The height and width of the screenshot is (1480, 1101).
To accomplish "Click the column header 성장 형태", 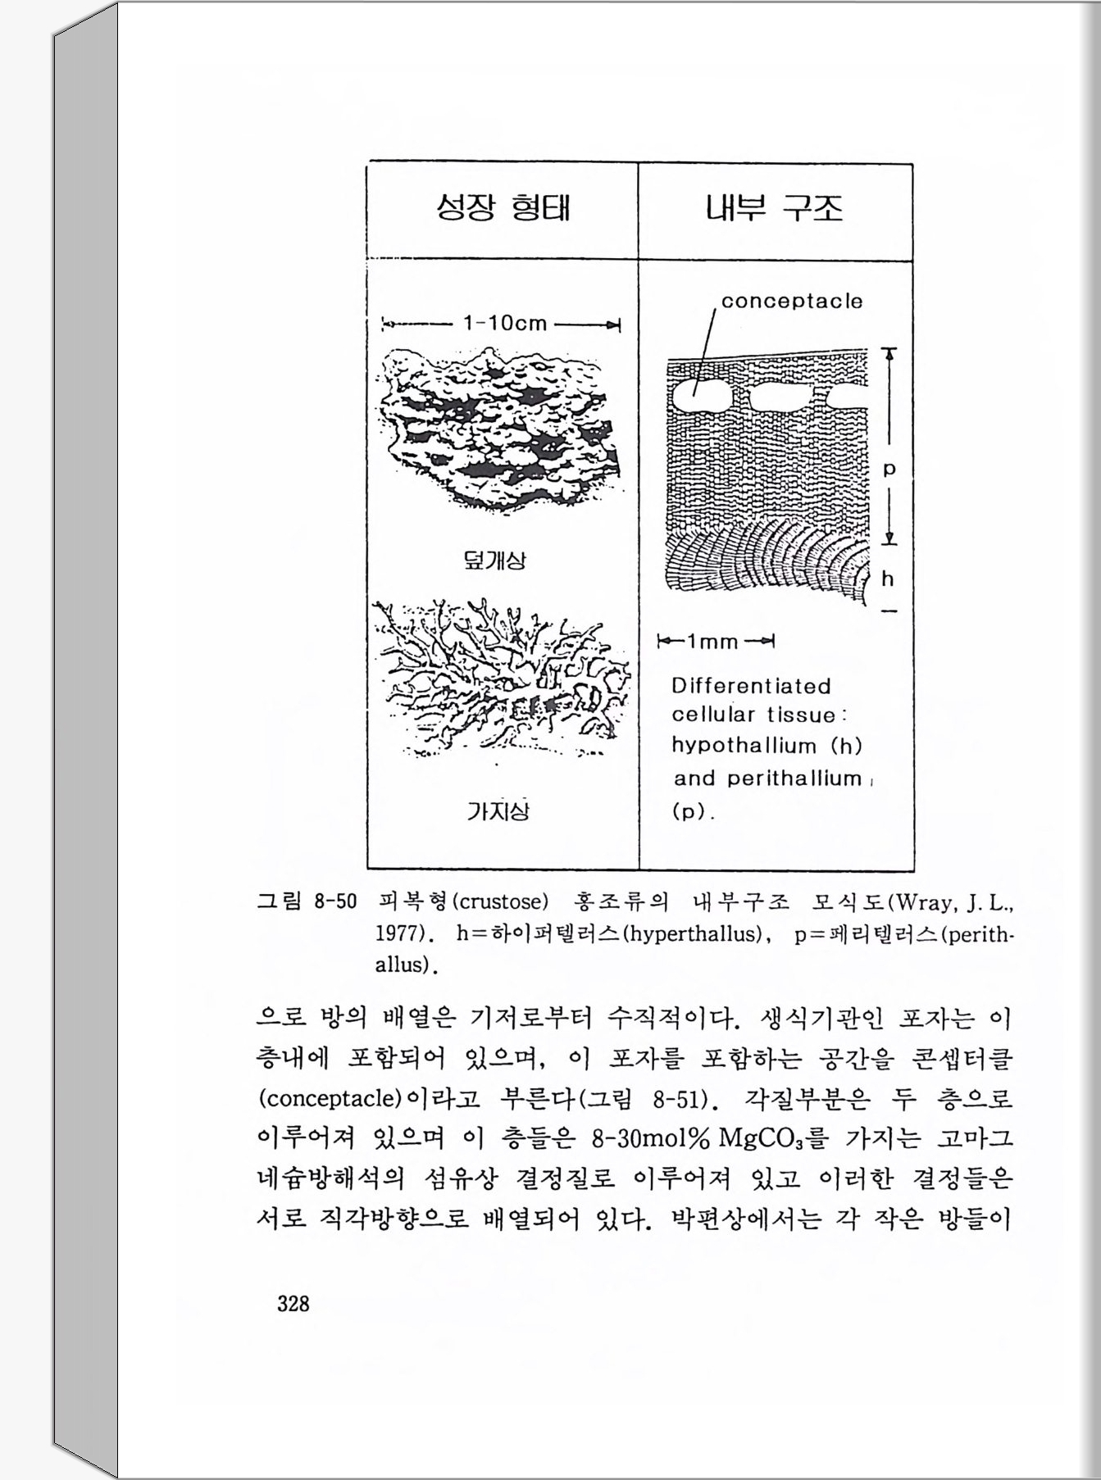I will (503, 208).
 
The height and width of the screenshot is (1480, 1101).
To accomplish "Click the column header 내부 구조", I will (774, 208).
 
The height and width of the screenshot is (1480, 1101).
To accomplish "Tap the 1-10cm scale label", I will (504, 323).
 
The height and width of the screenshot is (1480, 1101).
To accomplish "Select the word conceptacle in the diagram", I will (792, 301).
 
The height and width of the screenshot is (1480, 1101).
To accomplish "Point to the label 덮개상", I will (495, 561).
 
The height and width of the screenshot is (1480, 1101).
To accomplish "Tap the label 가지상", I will (498, 810).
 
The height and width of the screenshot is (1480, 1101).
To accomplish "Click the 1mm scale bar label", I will (713, 641).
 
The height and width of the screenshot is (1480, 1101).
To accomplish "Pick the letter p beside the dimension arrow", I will (889, 470).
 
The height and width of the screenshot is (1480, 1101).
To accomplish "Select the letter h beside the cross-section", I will (888, 579).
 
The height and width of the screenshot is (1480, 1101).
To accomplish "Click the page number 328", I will (293, 1303).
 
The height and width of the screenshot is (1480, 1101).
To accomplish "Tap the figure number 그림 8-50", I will (307, 902).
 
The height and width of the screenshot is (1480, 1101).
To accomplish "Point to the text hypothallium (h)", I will (767, 746).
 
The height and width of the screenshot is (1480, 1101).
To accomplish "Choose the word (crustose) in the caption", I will (499, 902).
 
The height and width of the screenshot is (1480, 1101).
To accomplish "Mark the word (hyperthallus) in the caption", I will (694, 933).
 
